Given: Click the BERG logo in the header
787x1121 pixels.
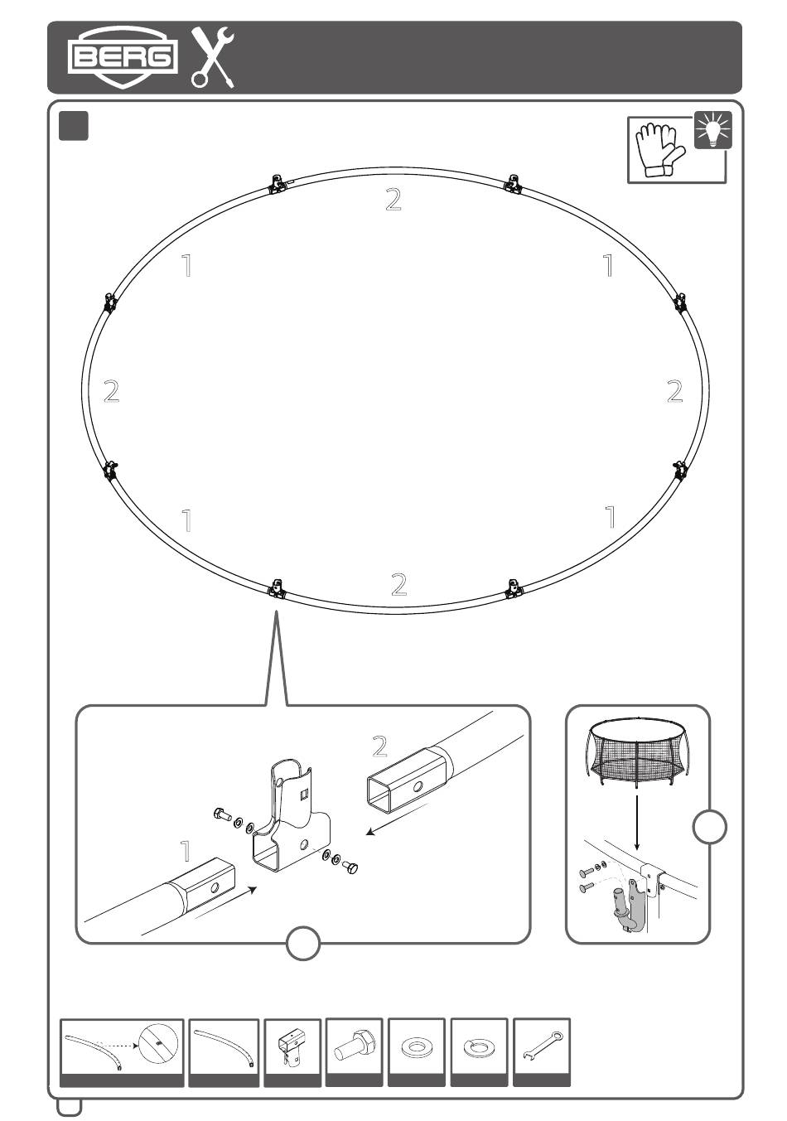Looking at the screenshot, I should click(x=123, y=56).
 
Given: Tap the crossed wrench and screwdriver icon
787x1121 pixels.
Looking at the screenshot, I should click(x=213, y=57).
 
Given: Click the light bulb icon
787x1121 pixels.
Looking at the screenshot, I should click(x=713, y=130).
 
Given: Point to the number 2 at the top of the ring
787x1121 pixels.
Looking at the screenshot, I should click(x=393, y=200).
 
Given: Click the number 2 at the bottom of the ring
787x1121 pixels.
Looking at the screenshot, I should click(x=398, y=584).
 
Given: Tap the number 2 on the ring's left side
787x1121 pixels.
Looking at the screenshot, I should click(x=111, y=391).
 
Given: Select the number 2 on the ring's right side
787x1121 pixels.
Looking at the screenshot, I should click(x=675, y=391).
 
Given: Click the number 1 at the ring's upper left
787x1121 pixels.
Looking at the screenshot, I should click(x=187, y=266).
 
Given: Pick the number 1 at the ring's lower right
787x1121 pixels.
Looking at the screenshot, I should click(x=611, y=517).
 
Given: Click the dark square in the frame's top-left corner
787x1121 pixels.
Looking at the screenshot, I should click(x=75, y=126).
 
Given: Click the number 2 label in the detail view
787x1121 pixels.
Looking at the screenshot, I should click(x=380, y=747).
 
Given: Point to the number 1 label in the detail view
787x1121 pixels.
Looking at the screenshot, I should click(x=186, y=851).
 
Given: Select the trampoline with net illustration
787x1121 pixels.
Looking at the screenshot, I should click(x=637, y=753).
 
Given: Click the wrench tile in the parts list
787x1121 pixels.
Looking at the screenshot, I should click(x=542, y=1047).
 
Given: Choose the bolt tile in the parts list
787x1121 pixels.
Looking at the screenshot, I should click(x=355, y=1047).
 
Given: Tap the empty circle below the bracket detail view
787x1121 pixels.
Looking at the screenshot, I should click(x=303, y=943).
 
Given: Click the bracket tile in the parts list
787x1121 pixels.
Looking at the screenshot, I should click(x=292, y=1048).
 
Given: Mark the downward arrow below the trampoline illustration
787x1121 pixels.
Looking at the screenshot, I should click(x=637, y=820).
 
